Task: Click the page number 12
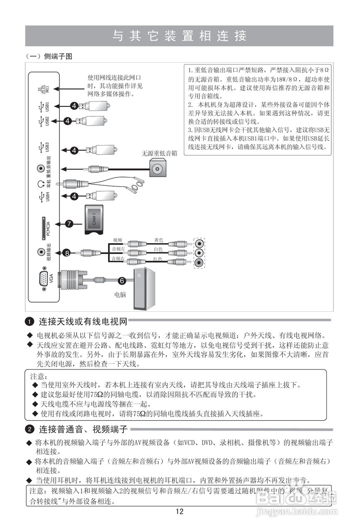click(180, 512)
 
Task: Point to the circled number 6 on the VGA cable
click(122, 281)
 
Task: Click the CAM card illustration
click(95, 220)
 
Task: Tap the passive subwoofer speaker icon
click(158, 168)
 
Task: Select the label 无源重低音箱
click(159, 153)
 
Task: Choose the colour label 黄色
click(159, 240)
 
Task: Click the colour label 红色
click(158, 259)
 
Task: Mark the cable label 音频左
click(118, 249)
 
